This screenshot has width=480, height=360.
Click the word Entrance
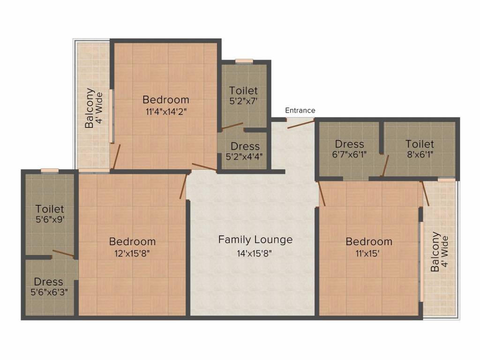click(x=300, y=111)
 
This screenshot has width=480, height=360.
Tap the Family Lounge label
click(x=255, y=240)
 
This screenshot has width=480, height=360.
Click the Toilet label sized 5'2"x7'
click(x=243, y=90)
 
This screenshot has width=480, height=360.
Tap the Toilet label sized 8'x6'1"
click(x=420, y=144)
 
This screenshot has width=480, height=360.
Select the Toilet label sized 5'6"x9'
click(x=49, y=210)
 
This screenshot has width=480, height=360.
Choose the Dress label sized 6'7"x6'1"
click(x=350, y=144)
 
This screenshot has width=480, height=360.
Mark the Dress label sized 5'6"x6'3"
click(x=48, y=282)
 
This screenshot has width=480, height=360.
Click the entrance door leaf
click(x=300, y=124)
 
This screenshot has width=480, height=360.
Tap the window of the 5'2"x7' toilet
click(x=244, y=60)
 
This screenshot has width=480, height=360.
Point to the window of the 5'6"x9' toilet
click(x=49, y=171)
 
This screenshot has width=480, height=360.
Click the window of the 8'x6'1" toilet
click(x=446, y=180)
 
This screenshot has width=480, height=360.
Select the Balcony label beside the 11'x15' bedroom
click(x=435, y=252)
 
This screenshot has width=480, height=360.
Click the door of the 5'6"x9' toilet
click(x=63, y=254)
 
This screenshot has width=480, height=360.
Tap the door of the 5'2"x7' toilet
click(x=232, y=126)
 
